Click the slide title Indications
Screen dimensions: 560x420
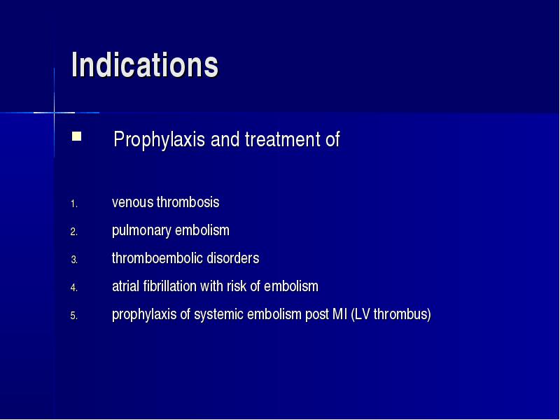coord(145,64)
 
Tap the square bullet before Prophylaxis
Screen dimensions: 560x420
coord(76,136)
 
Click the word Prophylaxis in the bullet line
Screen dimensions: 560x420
coord(159,139)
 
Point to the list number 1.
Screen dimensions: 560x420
coord(74,204)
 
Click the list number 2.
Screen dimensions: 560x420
coord(74,232)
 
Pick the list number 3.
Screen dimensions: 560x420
coord(74,260)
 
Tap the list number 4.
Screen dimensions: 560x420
coord(74,288)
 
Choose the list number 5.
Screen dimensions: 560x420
coord(74,316)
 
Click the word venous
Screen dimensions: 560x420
coord(133,202)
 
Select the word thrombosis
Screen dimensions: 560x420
coord(188,202)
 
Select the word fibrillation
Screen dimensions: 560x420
coord(170,286)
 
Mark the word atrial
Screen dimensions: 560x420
coord(126,286)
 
